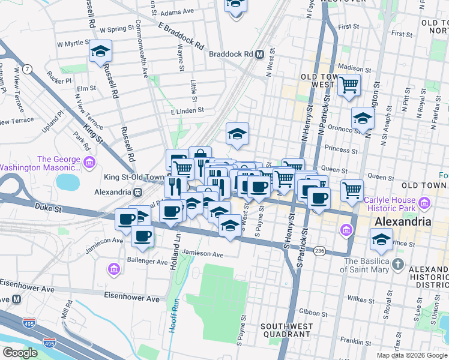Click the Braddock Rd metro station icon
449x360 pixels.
coord(259,54)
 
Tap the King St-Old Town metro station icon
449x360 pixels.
coord(138,192)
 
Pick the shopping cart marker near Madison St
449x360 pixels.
coord(349,85)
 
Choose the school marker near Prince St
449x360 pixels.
coord(382,239)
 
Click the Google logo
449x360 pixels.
coord(20,353)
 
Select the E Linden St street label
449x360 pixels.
coord(187,111)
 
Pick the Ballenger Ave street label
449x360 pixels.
coord(147,262)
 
